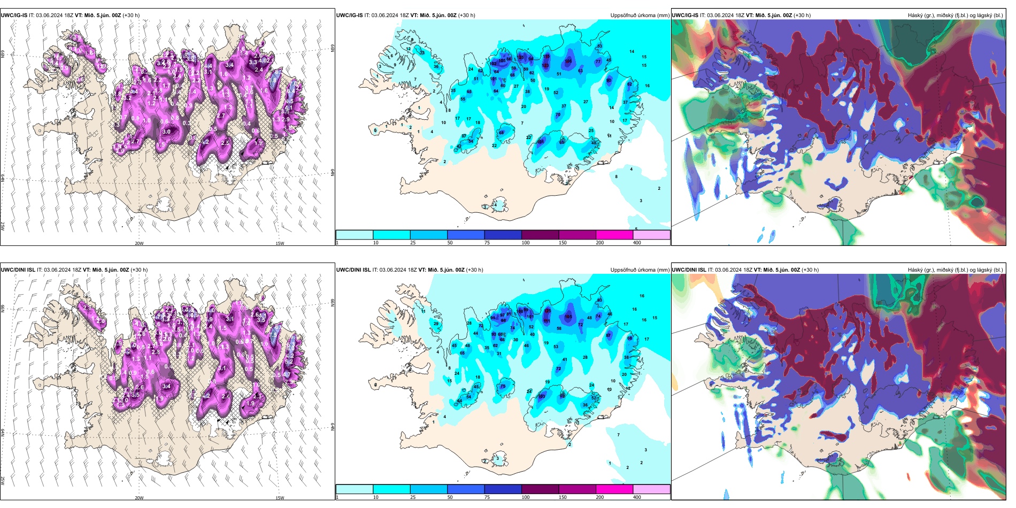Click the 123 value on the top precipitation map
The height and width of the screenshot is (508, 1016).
click(545, 66)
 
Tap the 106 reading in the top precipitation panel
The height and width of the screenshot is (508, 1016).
click(568, 61)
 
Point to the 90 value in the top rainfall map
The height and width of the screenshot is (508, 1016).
click(609, 81)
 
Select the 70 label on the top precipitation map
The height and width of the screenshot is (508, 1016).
click(558, 115)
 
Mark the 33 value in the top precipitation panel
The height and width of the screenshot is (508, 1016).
click(422, 53)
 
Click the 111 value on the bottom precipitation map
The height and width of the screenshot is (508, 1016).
click(547, 321)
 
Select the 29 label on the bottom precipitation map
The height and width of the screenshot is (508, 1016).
click(436, 324)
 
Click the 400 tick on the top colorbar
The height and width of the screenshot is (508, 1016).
click(637, 243)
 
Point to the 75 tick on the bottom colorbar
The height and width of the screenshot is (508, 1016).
click(487, 497)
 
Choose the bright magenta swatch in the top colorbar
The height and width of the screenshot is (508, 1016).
click(614, 235)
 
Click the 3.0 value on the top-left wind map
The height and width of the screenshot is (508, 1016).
click(166, 132)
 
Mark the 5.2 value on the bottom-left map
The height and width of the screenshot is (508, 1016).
click(289, 362)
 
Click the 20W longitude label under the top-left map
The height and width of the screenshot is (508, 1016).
click(139, 243)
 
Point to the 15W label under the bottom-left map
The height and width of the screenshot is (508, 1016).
click(280, 498)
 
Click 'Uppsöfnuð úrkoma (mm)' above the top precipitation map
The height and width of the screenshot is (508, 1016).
click(640, 16)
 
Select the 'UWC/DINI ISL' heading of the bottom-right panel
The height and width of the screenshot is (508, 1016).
click(689, 270)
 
